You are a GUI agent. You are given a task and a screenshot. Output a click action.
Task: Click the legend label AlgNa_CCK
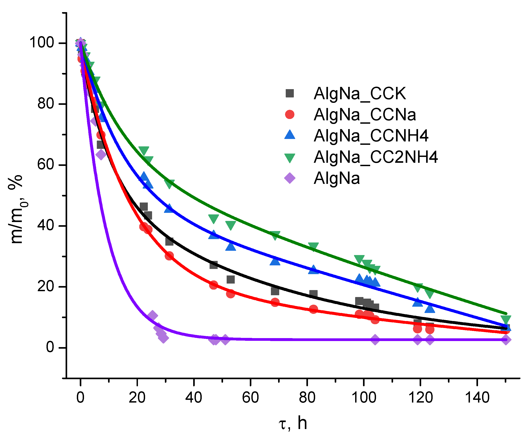359,94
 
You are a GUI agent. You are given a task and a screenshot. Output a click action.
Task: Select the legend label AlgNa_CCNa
365,115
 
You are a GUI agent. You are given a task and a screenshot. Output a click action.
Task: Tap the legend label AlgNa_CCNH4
371,136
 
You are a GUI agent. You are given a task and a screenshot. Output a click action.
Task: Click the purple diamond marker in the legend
290,178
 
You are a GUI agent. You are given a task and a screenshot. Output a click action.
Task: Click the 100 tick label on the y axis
42,42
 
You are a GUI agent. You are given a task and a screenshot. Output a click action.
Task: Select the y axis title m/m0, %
18,210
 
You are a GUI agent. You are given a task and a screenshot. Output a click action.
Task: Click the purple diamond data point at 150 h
506,339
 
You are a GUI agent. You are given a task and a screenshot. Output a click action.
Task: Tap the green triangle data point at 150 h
506,319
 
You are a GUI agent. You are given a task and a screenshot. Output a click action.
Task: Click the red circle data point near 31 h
169,256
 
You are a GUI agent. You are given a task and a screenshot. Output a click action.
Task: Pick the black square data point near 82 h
313,294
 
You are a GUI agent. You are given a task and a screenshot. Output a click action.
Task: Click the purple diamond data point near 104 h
375,339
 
